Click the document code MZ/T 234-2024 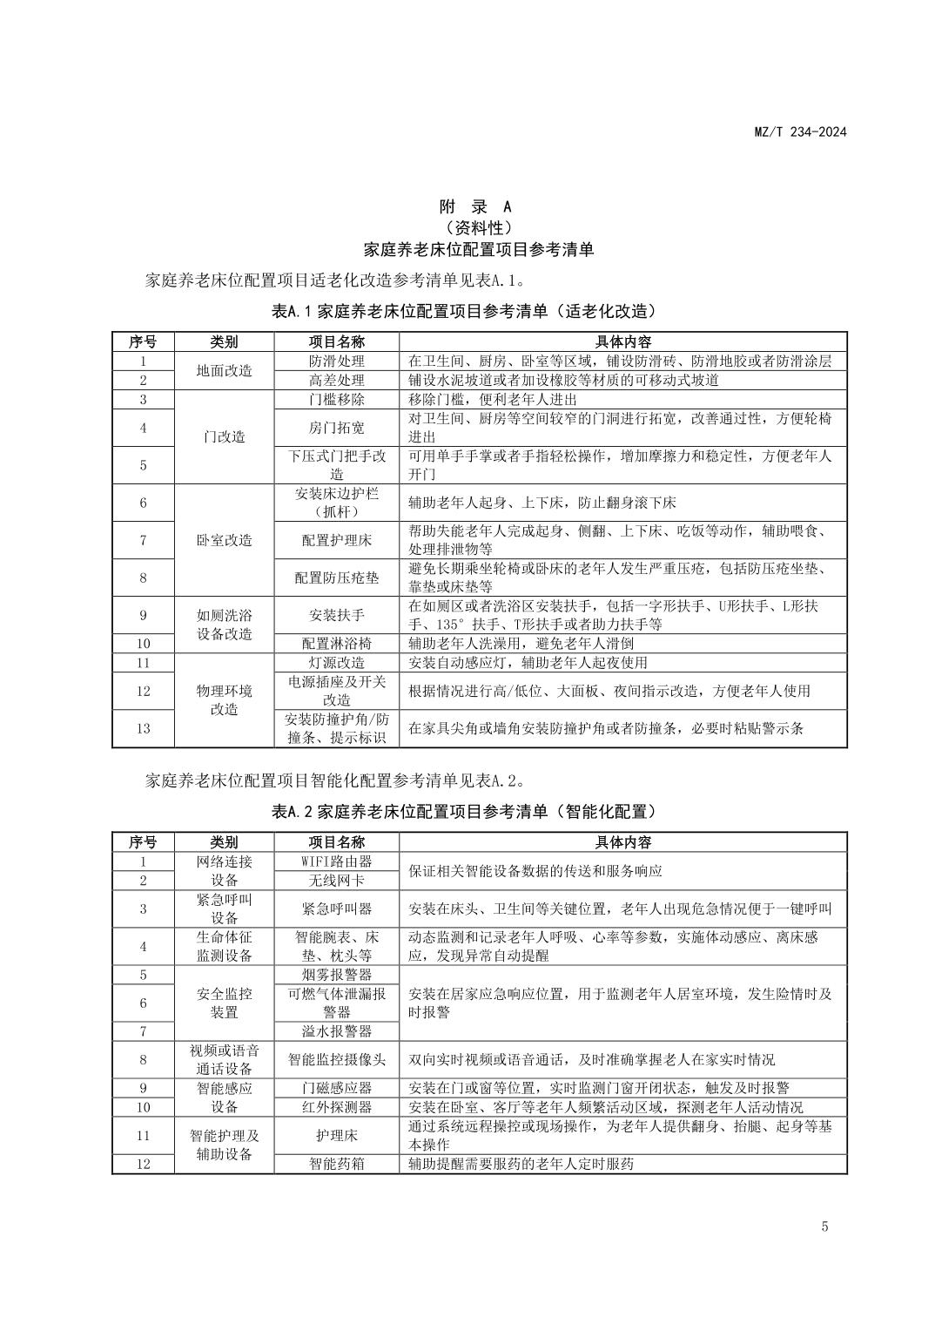pos(799,132)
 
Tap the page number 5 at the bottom pos(824,1226)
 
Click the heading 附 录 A pos(475,206)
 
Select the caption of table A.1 pos(465,311)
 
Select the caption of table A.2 pos(465,812)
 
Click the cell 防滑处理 pos(337,361)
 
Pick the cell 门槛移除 pos(337,399)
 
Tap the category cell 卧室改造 pos(224,540)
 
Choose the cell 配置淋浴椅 pos(337,644)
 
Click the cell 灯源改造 pos(337,663)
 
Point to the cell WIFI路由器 pos(337,861)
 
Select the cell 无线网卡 pos(337,881)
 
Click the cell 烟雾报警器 pos(337,975)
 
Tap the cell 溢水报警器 pos(337,1031)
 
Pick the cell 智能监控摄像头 pos(337,1060)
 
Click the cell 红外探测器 pos(337,1107)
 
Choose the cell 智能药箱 pos(337,1164)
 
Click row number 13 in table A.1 pos(144,728)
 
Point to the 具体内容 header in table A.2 pos(622,842)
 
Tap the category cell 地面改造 pos(224,370)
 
